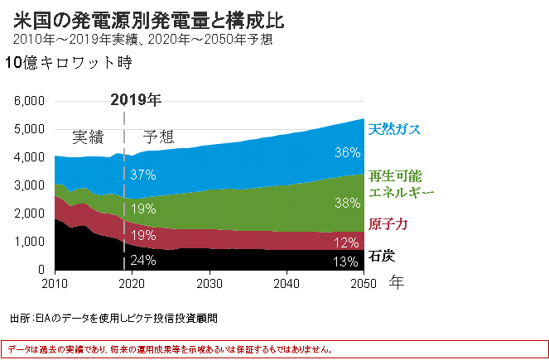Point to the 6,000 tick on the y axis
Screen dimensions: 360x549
pyautogui.click(x=29, y=101)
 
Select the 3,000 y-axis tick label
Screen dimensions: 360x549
pyautogui.click(x=29, y=185)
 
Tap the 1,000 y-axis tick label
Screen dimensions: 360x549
pyautogui.click(x=29, y=242)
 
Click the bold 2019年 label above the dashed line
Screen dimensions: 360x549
pyautogui.click(x=136, y=99)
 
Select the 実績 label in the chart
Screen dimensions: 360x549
pyautogui.click(x=88, y=137)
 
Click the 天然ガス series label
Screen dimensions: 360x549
pyautogui.click(x=394, y=130)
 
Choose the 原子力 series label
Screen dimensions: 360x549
pyautogui.click(x=388, y=225)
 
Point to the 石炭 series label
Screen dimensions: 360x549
pyautogui.click(x=381, y=255)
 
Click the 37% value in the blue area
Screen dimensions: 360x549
pyautogui.click(x=143, y=175)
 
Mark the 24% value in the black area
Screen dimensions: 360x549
pyautogui.click(x=143, y=260)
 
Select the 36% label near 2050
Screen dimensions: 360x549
pyautogui.click(x=347, y=152)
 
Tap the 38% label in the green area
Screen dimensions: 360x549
pyautogui.click(x=347, y=201)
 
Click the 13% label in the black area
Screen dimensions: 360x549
pyautogui.click(x=347, y=262)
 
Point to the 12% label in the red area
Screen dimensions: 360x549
pyautogui.click(x=347, y=242)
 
